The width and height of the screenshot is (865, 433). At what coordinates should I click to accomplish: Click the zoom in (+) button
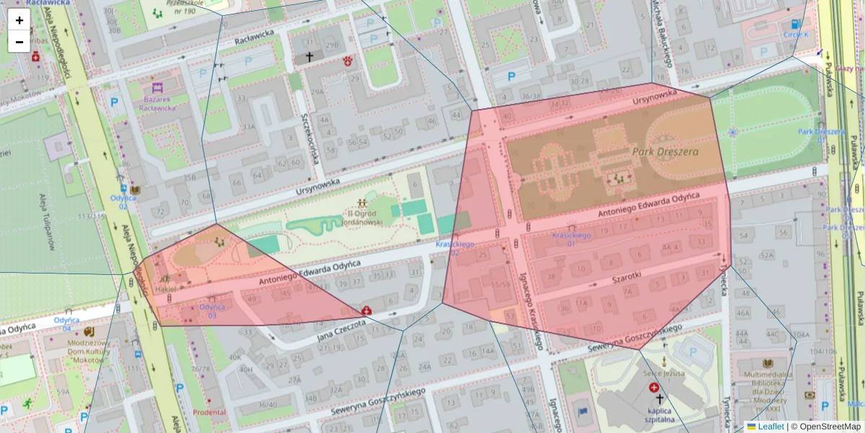pos(19,20)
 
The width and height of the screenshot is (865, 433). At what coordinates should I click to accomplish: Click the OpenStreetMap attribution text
pos(830,427)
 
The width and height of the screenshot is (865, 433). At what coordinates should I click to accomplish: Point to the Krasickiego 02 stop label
pos(455,248)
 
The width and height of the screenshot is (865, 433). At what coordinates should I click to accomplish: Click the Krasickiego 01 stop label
pos(571,240)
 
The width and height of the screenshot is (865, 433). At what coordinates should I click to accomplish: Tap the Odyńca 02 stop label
pos(123,202)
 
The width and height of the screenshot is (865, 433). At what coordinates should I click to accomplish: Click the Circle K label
pos(796,34)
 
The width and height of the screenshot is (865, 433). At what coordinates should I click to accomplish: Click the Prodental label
pos(209,412)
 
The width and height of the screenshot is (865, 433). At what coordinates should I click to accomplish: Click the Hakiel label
pos(165,289)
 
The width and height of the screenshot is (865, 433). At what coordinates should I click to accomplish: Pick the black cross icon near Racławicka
pos(310,56)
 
